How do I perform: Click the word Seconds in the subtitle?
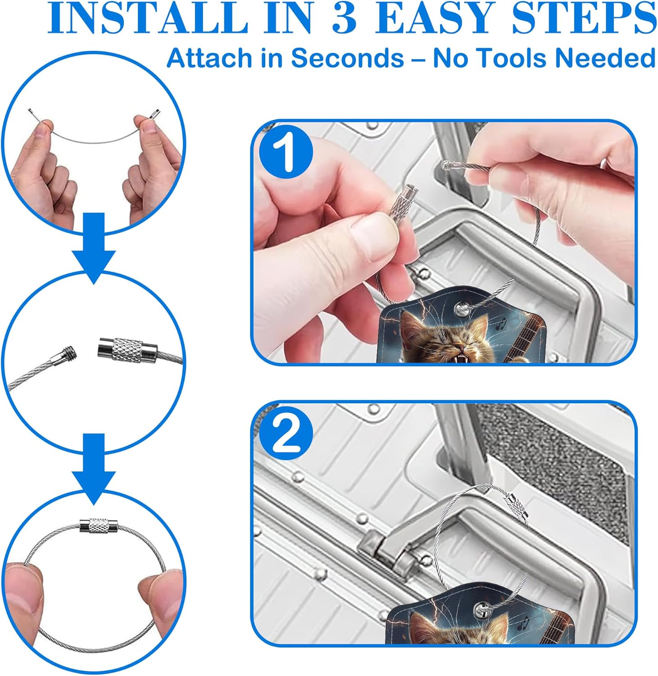coord(347,59)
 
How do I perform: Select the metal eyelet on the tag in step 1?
coord(462,308)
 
